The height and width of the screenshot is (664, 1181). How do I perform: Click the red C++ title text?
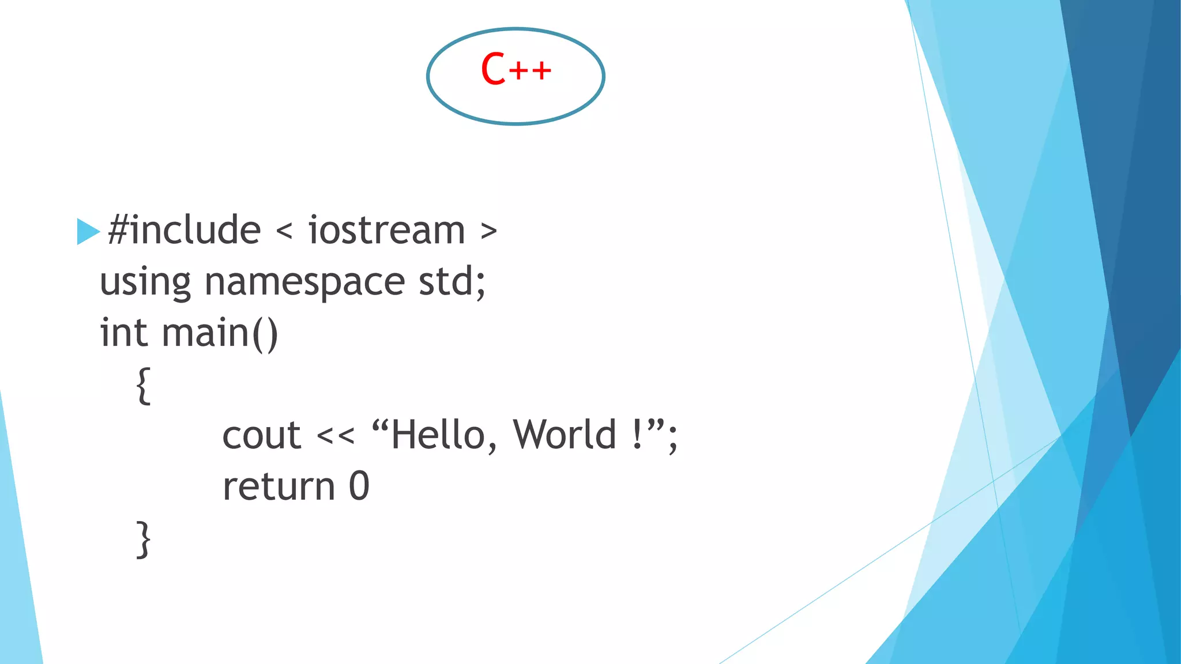coord(516,69)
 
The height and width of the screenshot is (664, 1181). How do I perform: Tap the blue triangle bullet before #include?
coord(88,232)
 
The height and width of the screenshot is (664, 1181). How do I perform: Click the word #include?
coord(184,230)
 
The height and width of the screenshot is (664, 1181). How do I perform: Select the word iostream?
coord(386,230)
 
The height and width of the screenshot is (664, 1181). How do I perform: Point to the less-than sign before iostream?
coord(284,232)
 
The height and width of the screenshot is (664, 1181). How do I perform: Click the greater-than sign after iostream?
coord(488,232)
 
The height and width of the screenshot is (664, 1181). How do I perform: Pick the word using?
coord(145,282)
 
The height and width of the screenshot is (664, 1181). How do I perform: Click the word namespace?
coord(304,282)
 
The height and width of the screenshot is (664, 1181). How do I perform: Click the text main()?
coord(220,333)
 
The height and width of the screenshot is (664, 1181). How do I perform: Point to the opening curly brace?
coord(144,386)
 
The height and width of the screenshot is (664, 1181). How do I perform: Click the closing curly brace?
coord(144,539)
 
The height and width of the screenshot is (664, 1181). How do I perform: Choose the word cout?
coord(261,435)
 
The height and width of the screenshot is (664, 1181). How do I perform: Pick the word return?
coord(279,486)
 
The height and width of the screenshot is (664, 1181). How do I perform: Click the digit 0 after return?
coord(359,486)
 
